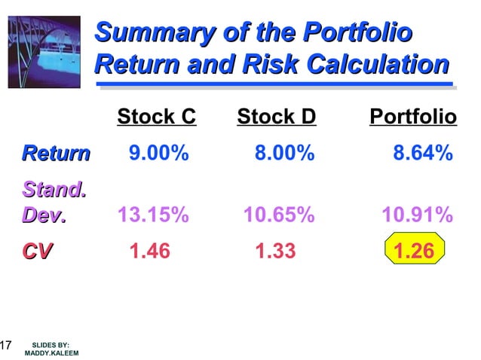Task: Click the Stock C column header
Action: (156, 117)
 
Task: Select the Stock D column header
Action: (276, 117)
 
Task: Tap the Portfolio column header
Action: (412, 117)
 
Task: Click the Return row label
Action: (56, 154)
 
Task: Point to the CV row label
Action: (37, 251)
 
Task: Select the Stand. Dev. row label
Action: (53, 203)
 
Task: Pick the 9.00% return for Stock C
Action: (158, 154)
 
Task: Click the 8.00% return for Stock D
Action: (284, 154)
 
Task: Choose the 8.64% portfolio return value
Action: (423, 154)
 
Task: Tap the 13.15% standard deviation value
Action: (153, 216)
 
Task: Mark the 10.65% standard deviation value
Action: (278, 216)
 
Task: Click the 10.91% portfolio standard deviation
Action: (417, 216)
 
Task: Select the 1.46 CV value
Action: (150, 251)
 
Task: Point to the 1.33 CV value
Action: (275, 251)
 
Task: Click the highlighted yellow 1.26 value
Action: (415, 251)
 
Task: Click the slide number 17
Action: (5, 346)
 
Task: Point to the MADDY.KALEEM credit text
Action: (51, 352)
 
